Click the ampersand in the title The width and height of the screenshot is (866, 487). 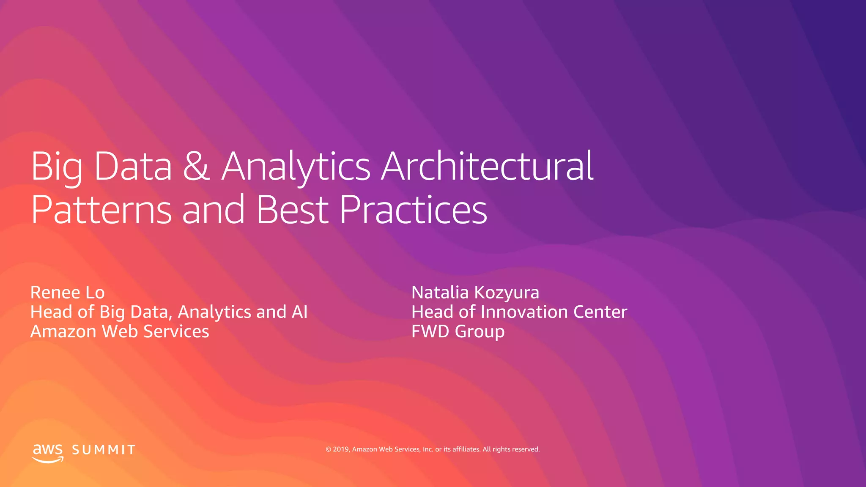(x=196, y=166)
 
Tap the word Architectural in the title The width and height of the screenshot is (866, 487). (x=488, y=166)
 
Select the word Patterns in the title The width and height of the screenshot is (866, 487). (x=101, y=210)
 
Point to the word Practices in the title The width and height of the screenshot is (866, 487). (x=413, y=210)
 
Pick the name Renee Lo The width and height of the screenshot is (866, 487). (x=68, y=293)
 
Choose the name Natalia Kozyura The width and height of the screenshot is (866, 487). (x=475, y=293)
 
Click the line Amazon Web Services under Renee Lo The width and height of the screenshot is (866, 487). (x=120, y=331)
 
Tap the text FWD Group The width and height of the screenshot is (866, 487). (x=458, y=331)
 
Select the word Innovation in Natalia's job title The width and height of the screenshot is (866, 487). (x=524, y=312)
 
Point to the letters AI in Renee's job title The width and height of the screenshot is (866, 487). (x=299, y=312)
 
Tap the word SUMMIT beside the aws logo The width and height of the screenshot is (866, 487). (x=104, y=450)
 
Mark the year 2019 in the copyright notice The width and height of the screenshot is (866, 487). (x=341, y=449)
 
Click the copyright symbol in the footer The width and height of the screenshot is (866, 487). (x=329, y=449)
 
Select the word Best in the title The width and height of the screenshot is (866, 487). (x=292, y=210)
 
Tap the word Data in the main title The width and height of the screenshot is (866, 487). (x=133, y=166)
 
